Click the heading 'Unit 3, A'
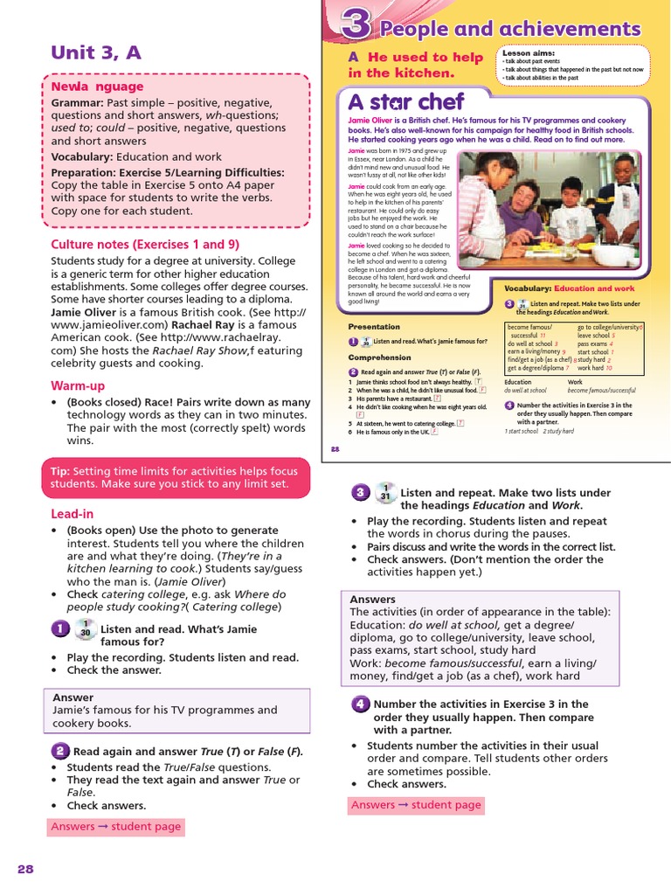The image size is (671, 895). pyautogui.click(x=96, y=52)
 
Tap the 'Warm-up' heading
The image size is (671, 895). pyautogui.click(x=78, y=385)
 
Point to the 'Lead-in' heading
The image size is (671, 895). pyautogui.click(x=72, y=514)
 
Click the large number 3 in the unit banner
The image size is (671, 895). pyautogui.click(x=354, y=25)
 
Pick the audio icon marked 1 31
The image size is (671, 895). pyautogui.click(x=384, y=494)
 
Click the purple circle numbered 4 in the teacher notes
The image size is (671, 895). pyautogui.click(x=360, y=704)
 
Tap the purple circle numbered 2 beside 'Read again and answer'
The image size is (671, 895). pyautogui.click(x=59, y=751)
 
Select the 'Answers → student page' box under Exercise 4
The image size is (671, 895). pyautogui.click(x=415, y=805)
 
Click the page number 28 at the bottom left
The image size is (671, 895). pyautogui.click(x=24, y=868)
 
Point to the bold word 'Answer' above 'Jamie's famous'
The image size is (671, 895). pyautogui.click(x=73, y=697)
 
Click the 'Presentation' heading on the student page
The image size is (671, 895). pyautogui.click(x=374, y=326)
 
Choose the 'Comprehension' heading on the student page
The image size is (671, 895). pyautogui.click(x=379, y=357)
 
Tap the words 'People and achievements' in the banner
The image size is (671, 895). pyautogui.click(x=509, y=29)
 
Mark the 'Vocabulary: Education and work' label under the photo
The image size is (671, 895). pyautogui.click(x=569, y=288)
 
